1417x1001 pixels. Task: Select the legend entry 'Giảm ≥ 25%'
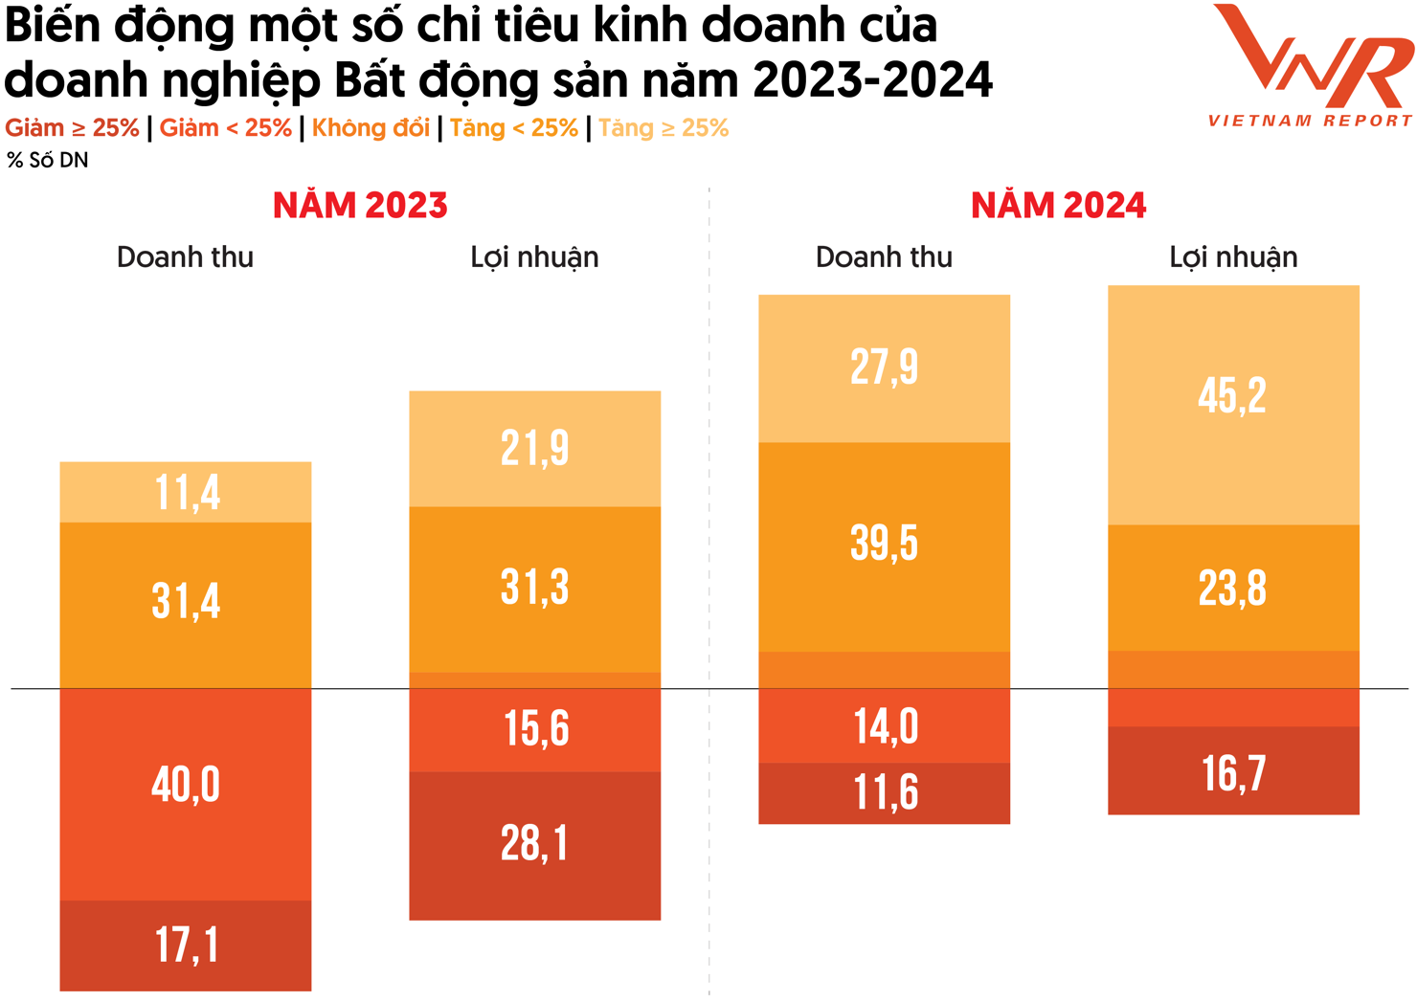pos(72,128)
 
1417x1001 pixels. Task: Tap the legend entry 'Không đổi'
pos(371,128)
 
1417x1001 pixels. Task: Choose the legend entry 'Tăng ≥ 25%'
pos(664,128)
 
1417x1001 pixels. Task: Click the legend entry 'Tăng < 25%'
pos(514,128)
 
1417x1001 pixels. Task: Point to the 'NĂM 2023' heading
pos(360,206)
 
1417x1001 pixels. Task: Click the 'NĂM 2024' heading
pos(1058,206)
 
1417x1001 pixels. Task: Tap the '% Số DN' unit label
pos(48,161)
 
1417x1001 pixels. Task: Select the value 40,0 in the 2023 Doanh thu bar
pos(186,785)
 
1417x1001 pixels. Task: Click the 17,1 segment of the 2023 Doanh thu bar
pos(186,945)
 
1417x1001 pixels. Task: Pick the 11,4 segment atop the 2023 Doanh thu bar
pos(186,493)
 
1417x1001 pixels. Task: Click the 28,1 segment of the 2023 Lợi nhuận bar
pos(534,844)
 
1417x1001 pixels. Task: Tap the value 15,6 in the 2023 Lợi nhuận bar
pos(535,729)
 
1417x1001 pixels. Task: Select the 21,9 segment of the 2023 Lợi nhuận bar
pos(534,448)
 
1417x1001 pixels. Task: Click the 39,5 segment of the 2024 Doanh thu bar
pos(884,544)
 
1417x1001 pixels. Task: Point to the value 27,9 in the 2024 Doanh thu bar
pos(884,367)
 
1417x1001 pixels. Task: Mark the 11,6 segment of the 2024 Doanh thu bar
pos(885,793)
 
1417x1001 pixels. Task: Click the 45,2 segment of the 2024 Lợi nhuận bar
pos(1232,395)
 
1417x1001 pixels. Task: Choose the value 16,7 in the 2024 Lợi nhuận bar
pos(1233,773)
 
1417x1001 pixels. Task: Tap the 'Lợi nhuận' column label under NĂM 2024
pos(1233,257)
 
